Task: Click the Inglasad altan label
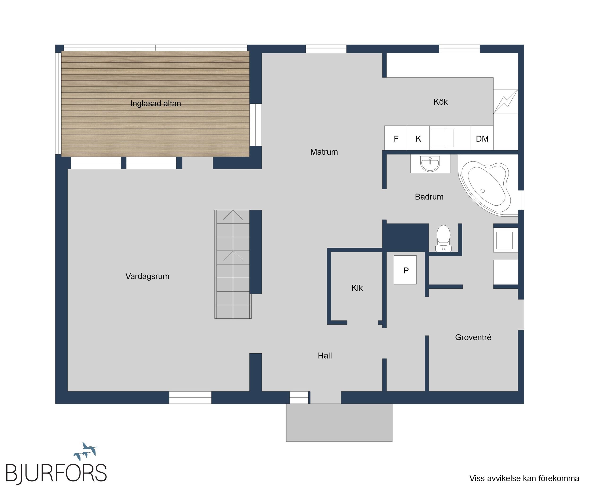(x=156, y=103)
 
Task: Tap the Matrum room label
(x=324, y=152)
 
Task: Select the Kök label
(x=441, y=102)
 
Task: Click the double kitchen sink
(x=443, y=138)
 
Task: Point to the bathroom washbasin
(x=430, y=164)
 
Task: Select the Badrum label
(x=429, y=197)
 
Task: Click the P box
(x=405, y=270)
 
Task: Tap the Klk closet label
(x=357, y=288)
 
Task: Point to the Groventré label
(x=473, y=337)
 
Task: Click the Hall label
(x=325, y=355)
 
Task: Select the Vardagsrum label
(x=147, y=276)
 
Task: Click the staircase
(x=233, y=264)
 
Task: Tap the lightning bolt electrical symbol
(x=506, y=102)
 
